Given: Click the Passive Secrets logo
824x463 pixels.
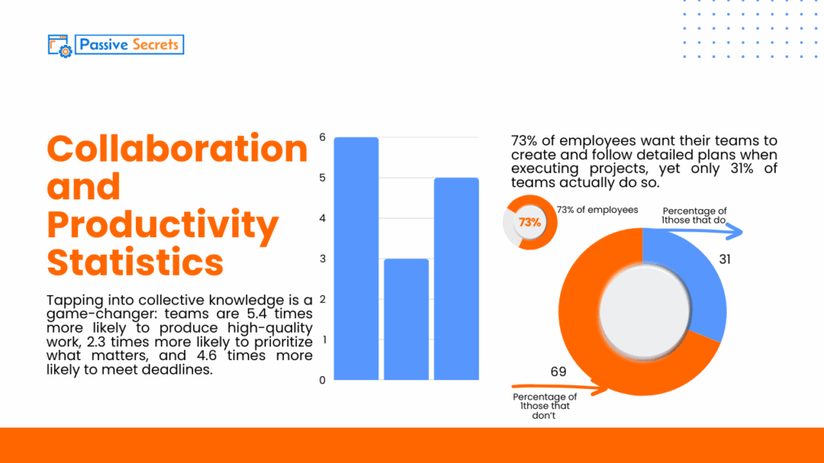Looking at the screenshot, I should (x=117, y=45).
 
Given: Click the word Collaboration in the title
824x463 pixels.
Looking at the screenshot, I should (x=177, y=149).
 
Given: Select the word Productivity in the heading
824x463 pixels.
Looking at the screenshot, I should (x=163, y=225).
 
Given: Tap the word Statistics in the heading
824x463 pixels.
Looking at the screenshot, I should (x=135, y=262).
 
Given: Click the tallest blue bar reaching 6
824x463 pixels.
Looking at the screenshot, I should (x=356, y=258).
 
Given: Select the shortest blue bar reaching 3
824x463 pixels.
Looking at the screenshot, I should (x=406, y=319).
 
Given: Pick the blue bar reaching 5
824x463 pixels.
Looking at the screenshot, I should (x=457, y=278).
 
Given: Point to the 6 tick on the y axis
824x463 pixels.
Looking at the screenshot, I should (x=322, y=137).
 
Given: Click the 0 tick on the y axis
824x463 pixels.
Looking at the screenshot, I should (x=322, y=379).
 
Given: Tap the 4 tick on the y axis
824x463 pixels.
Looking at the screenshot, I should (x=322, y=218).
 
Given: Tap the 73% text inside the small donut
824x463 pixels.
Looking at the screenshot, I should (x=529, y=223).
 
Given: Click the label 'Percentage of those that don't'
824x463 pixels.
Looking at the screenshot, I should (x=545, y=407).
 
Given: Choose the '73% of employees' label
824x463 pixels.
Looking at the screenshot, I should (x=597, y=210).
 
